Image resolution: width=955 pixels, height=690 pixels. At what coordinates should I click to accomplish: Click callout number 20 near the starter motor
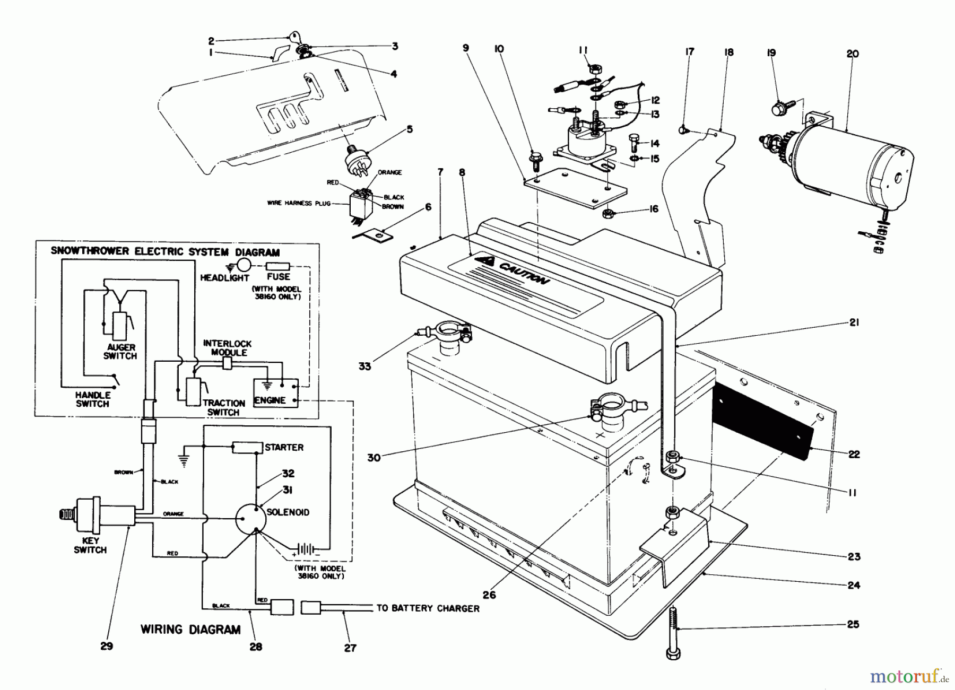pos(852,54)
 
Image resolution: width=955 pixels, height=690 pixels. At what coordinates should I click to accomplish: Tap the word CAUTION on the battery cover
pos(522,272)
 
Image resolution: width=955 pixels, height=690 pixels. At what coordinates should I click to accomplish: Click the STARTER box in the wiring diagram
pos(247,448)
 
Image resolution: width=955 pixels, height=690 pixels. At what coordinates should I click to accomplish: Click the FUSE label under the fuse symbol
pos(279,277)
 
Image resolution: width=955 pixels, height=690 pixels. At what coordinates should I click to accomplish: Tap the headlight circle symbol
pos(244,266)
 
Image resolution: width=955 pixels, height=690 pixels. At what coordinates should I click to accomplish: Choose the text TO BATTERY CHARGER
pos(428,608)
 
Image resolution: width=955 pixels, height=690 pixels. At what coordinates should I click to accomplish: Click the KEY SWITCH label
pos(90,545)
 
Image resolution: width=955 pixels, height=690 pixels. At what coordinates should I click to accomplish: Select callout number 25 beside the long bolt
pos(852,624)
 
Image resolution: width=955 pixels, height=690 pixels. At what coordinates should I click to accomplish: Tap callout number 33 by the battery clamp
pos(364,366)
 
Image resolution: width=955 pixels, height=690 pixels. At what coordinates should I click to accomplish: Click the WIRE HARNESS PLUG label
pos(298,203)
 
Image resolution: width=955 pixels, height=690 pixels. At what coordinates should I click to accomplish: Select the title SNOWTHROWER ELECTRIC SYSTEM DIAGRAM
pos(165,252)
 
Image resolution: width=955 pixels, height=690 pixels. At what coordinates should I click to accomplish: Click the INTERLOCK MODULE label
pos(228,348)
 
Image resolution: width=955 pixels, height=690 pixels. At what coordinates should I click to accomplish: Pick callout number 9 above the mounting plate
pos(466,48)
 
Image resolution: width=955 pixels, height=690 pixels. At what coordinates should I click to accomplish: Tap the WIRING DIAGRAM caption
pos(190,630)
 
